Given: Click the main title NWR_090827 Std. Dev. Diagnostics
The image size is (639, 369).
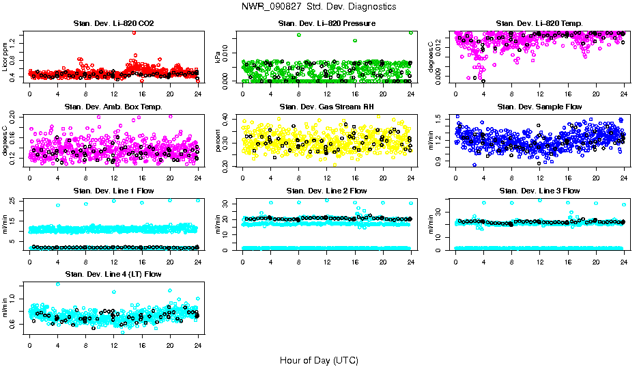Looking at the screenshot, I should point(319,7).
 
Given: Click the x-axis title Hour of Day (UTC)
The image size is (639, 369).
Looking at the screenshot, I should point(319,360).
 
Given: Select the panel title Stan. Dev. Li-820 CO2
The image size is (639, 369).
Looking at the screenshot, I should point(113,23).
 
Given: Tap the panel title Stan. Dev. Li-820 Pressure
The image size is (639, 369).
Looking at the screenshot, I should point(326,23).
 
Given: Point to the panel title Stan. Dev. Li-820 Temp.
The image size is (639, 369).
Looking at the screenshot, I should point(539,23).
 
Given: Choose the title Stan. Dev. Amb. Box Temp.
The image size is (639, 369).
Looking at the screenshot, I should point(113,107).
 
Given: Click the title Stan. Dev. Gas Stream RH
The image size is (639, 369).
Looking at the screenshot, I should point(326,107).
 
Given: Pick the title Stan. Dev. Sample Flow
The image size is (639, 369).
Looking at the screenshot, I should point(539,107).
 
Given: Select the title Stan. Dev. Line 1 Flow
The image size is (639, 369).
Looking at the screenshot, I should point(113,191).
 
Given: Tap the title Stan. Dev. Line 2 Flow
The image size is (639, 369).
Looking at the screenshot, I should point(326,191).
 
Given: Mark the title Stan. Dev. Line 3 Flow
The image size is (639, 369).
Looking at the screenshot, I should point(539,191).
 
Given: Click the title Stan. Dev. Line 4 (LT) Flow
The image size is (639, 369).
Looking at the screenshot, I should point(113,274).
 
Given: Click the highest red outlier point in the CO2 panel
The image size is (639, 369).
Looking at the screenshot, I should point(134,32).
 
